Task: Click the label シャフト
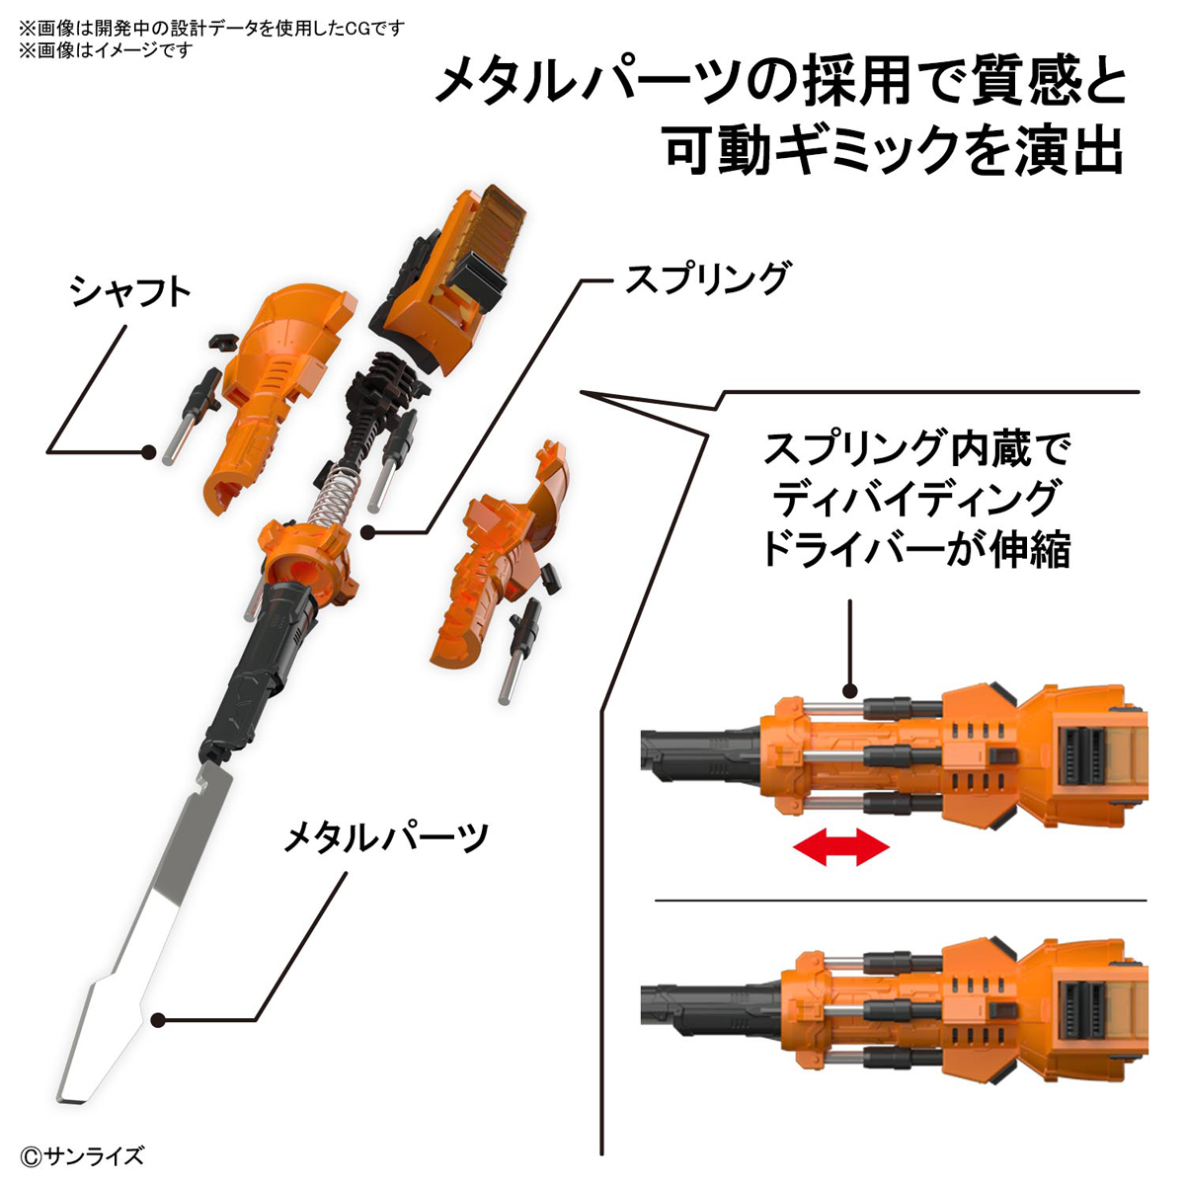pyautogui.click(x=129, y=293)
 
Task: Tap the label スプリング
pyautogui.click(x=707, y=279)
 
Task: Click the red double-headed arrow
pyautogui.click(x=841, y=847)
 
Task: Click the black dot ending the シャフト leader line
pyautogui.click(x=148, y=452)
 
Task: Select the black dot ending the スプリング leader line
pyautogui.click(x=367, y=533)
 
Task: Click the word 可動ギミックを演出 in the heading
pyautogui.click(x=895, y=151)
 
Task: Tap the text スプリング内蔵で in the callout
pyautogui.click(x=916, y=451)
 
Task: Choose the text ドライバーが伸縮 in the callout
pyautogui.click(x=914, y=549)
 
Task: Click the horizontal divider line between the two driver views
pyautogui.click(x=901, y=900)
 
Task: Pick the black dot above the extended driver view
pyautogui.click(x=851, y=694)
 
